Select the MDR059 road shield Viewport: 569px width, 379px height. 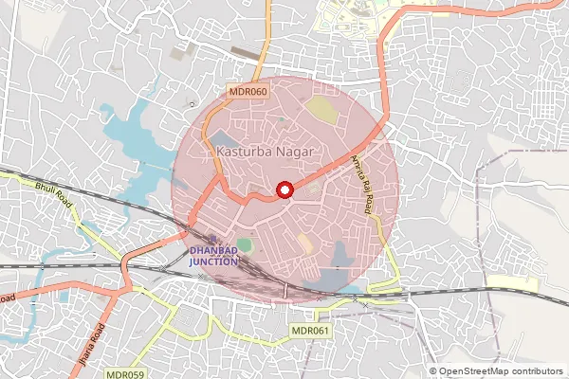pyautogui.click(x=126, y=373)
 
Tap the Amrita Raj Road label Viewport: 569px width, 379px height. pyautogui.click(x=358, y=185)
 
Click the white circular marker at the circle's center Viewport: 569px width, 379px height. pyautogui.click(x=284, y=190)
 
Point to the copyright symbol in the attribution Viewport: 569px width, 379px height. pyautogui.click(x=434, y=371)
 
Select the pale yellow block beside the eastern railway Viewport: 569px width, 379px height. pyautogui.click(x=512, y=281)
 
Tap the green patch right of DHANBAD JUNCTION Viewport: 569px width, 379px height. pyautogui.click(x=245, y=245)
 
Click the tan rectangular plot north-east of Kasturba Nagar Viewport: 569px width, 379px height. pyautogui.click(x=321, y=111)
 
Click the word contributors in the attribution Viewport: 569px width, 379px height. pyautogui.click(x=537, y=371)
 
